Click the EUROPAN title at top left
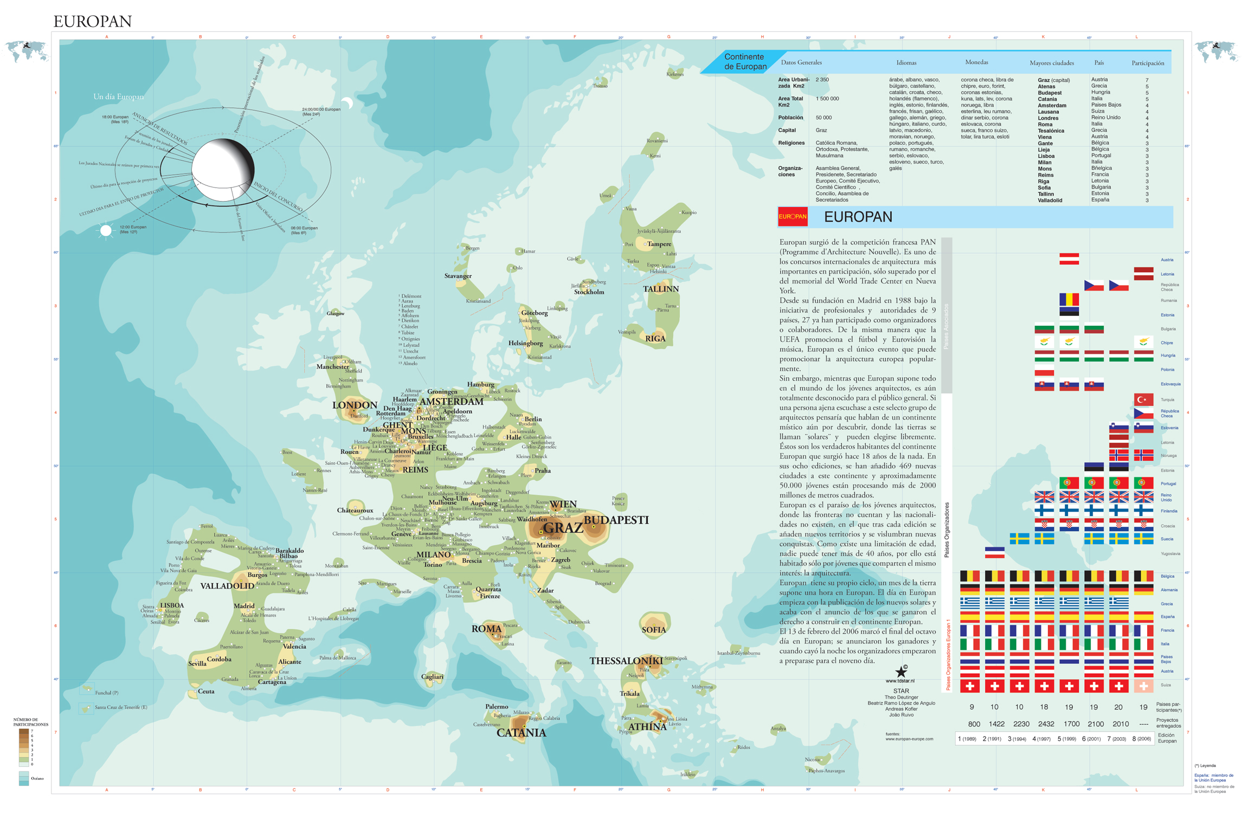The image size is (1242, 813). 93,21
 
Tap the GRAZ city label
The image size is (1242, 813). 563,527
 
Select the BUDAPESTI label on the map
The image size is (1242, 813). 615,520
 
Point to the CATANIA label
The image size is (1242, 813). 521,733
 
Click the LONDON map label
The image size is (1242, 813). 355,405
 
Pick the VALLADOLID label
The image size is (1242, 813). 227,585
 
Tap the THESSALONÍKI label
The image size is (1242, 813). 626,661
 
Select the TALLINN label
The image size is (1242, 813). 660,289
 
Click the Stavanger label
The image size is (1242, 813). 458,276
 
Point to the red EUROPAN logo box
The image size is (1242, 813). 792,216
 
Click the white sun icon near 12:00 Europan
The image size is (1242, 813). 106,231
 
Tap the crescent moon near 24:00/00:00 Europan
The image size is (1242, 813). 347,103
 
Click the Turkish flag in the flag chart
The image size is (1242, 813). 1143,399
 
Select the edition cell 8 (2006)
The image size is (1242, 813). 1141,739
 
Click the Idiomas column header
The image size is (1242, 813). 906,63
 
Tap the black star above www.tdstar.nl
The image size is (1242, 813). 900,672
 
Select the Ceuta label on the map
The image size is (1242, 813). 206,691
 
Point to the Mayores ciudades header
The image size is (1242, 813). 1051,63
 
